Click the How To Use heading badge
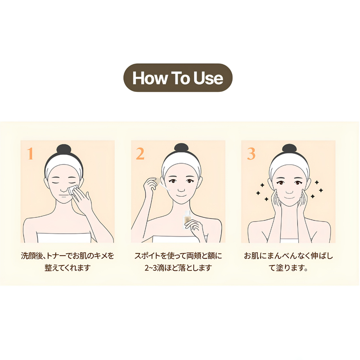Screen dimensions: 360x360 (178, 77)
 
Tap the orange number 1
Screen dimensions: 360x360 (30, 153)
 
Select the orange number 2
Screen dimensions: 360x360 (140, 153)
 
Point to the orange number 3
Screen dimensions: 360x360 (251, 153)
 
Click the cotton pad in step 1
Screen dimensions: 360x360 (73, 190)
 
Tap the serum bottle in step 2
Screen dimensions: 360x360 (188, 220)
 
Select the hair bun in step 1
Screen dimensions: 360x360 (64, 149)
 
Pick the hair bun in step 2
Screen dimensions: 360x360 (181, 148)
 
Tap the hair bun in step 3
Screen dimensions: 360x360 (289, 149)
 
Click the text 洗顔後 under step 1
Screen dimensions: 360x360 (31, 256)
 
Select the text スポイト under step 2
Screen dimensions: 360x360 (147, 256)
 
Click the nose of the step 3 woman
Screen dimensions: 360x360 (289, 191)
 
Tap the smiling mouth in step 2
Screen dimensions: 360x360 (181, 196)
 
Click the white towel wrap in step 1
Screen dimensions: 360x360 (64, 238)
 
